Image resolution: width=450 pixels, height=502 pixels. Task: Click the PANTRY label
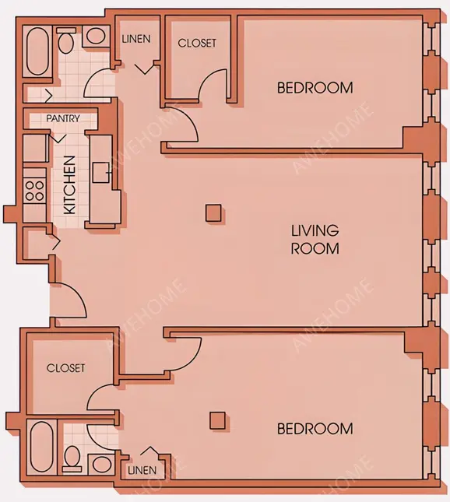[x=63, y=118]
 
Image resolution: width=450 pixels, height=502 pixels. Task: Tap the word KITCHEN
[x=70, y=185]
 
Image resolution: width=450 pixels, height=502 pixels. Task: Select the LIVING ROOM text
[x=315, y=240]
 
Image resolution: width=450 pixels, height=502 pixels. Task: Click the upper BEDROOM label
[x=315, y=88]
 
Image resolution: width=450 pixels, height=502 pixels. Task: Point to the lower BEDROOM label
[x=315, y=429]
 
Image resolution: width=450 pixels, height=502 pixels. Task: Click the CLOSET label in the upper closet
[x=197, y=44]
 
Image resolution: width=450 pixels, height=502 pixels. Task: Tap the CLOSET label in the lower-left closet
[x=65, y=368]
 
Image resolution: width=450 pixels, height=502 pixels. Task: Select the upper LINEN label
[x=136, y=39]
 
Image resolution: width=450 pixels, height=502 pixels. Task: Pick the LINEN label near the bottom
[x=142, y=470]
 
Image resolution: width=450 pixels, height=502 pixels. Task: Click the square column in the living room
[x=213, y=213]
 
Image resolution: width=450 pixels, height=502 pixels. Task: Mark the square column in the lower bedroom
[x=217, y=421]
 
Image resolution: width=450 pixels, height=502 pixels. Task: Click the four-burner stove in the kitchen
[x=34, y=191]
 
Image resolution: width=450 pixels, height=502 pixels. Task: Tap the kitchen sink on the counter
[x=101, y=173]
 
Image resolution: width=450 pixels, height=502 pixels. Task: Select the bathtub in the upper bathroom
[x=37, y=52]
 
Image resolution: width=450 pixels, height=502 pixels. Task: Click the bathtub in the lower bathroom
[x=41, y=446]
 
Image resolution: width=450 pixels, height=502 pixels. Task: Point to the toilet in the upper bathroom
[x=66, y=41]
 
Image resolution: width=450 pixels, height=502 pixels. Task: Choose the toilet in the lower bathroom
[x=72, y=458]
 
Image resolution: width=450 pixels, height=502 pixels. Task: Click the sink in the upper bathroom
[x=96, y=36]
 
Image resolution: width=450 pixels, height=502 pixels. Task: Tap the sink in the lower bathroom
[x=101, y=465]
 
